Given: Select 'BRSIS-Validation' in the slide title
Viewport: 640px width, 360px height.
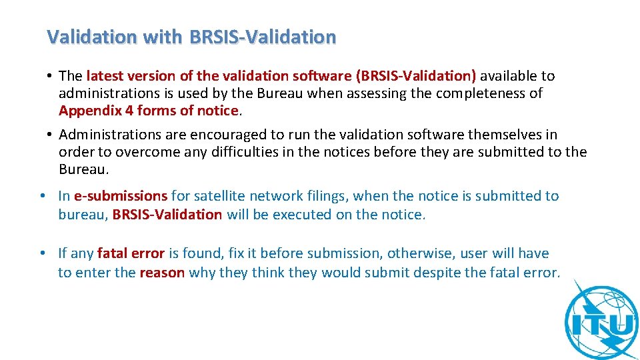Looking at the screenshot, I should [x=263, y=37].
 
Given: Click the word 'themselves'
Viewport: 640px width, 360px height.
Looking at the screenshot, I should [x=489, y=135].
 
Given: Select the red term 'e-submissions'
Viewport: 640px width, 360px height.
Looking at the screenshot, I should [x=121, y=196].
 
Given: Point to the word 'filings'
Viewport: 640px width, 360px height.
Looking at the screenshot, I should [x=323, y=196].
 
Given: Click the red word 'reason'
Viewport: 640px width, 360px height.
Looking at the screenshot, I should [x=162, y=272].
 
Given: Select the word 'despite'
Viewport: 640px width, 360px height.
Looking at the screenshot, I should [x=440, y=272].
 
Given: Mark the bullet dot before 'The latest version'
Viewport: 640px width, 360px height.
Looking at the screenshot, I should [x=50, y=76].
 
